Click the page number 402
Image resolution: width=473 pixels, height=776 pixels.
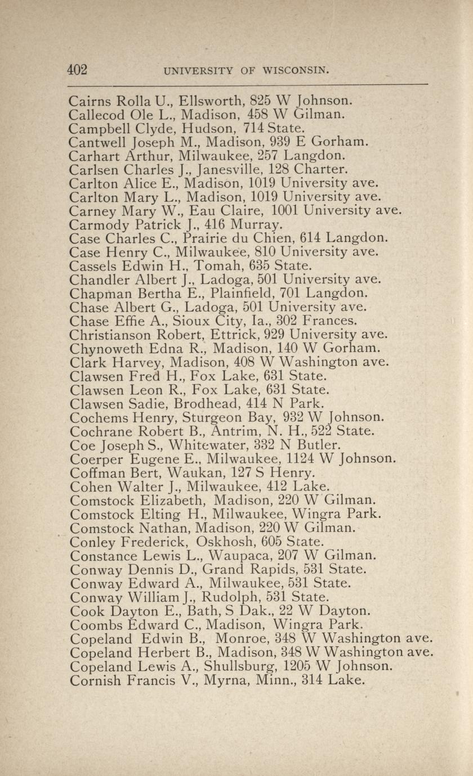77,70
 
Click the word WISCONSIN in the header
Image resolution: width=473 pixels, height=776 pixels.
291,71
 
